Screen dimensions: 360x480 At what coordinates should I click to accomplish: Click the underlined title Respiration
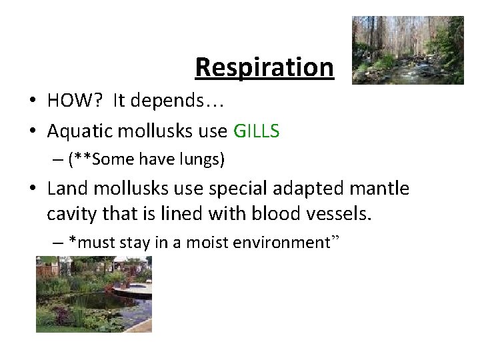[264, 67]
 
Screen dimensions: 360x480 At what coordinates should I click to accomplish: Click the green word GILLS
[257, 131]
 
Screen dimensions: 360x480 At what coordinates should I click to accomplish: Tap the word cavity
[70, 215]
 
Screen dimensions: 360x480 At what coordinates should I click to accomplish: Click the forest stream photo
[407, 50]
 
